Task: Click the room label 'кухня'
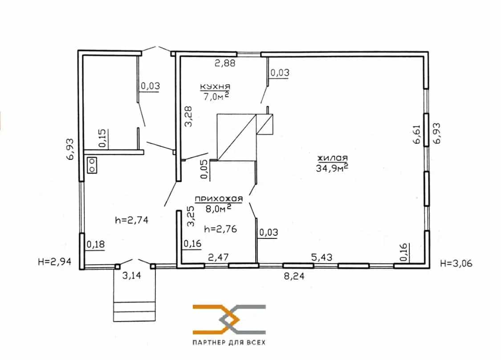coord(215,86)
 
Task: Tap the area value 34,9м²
coord(332,168)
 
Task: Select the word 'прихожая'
coord(219,199)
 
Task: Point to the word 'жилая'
coord(332,158)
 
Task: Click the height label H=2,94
coord(54,262)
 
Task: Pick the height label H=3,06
coord(456,263)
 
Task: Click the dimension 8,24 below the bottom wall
coord(294,276)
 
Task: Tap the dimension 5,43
coord(322,257)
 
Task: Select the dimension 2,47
coord(218,257)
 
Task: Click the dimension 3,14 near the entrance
coord(132,275)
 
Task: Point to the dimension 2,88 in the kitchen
coord(225,63)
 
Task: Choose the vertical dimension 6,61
coord(417,134)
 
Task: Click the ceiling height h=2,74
coord(131,220)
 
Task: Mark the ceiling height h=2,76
coord(220,229)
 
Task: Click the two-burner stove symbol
coord(92,165)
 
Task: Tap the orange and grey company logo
coord(229,319)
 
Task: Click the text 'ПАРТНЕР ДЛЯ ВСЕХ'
coord(229,343)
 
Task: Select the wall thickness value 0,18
coord(96,245)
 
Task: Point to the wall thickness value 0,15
coord(103,138)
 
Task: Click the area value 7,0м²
coord(216,96)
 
